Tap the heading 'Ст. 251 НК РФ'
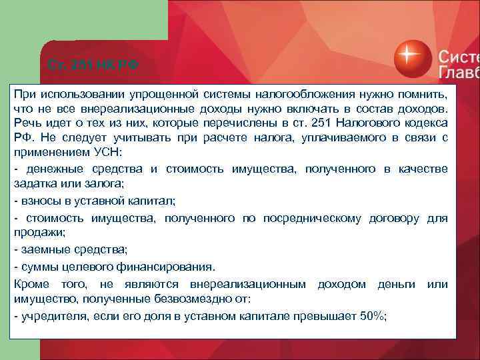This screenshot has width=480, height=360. pos(93,65)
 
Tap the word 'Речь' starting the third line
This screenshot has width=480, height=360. pos(27,123)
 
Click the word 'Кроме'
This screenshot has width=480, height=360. pos(31,285)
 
